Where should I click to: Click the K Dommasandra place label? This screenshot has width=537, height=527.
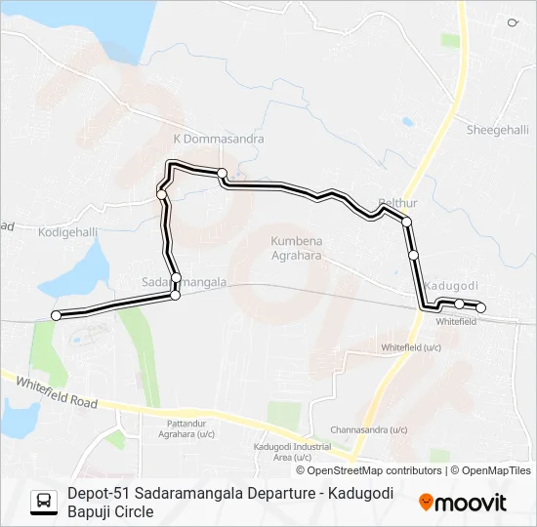tap(219, 140)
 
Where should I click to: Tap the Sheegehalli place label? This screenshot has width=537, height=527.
tap(497, 130)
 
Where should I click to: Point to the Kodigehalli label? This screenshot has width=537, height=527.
tap(68, 232)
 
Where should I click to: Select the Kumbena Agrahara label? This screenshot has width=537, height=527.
tap(297, 248)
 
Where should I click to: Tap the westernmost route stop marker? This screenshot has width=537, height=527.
tap(56, 314)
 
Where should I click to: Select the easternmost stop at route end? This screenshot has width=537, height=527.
tap(480, 309)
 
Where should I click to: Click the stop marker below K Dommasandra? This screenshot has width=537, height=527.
tap(223, 174)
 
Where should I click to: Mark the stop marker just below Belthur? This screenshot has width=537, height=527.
tap(406, 223)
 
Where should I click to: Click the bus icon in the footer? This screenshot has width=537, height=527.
tap(44, 502)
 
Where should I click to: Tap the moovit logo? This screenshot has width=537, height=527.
tap(463, 503)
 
